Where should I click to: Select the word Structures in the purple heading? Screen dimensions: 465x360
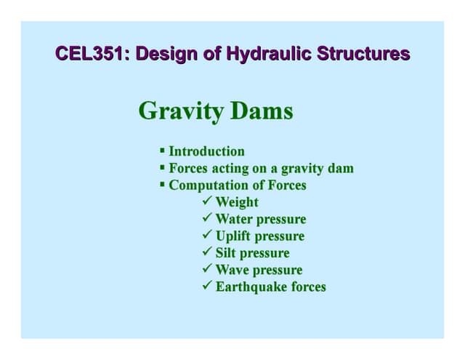point(363,54)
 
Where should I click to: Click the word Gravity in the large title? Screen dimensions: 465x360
point(181,111)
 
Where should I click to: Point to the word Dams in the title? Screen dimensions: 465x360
point(262,111)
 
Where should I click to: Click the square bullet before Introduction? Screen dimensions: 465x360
point(162,150)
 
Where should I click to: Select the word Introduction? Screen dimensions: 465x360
point(206,151)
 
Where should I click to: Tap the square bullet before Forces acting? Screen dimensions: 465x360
point(162,167)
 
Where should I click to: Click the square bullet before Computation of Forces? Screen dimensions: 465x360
point(162,184)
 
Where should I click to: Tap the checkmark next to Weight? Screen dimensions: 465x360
point(207,200)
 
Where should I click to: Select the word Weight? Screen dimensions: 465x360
point(237,203)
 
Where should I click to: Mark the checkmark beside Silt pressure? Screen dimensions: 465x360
point(207,251)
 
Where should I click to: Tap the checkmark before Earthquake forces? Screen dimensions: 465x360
point(207,285)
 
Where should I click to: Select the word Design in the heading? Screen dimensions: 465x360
point(166,55)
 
